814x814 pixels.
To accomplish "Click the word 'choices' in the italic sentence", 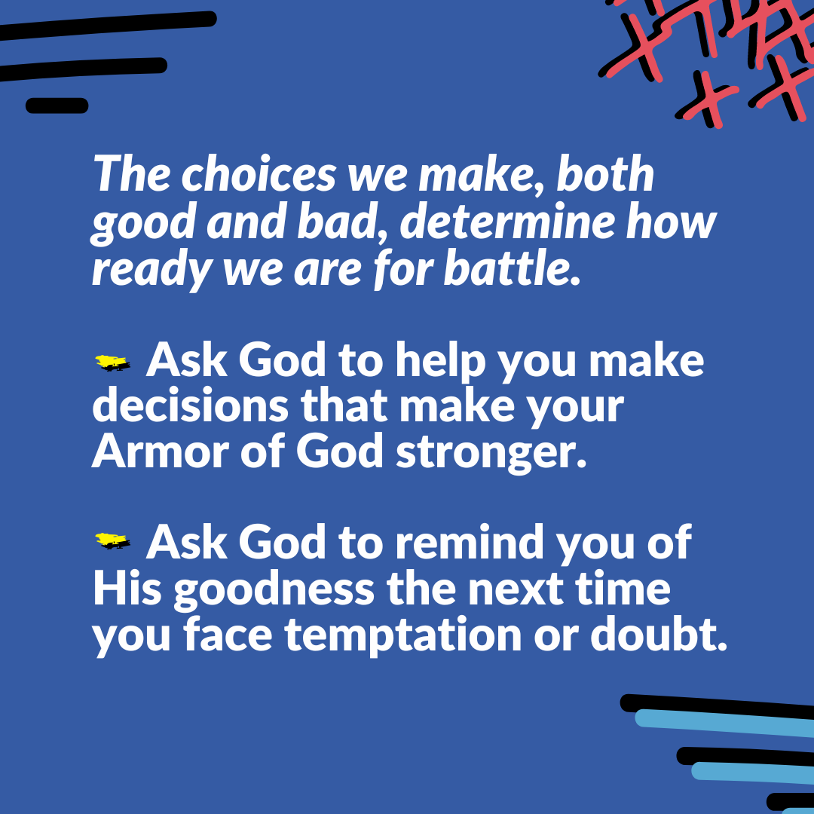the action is (x=259, y=174).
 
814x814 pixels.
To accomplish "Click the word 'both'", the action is (x=604, y=174).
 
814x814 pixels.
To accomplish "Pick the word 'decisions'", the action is (x=190, y=406).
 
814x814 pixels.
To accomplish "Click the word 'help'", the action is (x=440, y=363).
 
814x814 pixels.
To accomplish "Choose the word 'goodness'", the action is (x=274, y=592).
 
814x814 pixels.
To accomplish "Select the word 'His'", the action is (x=127, y=589).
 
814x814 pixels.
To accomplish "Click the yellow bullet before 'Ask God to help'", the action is (x=112, y=363).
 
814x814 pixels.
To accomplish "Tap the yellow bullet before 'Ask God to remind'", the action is (x=112, y=541).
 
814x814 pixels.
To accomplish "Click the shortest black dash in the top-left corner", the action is (x=57, y=106).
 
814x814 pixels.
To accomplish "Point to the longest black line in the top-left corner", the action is (x=107, y=26).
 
